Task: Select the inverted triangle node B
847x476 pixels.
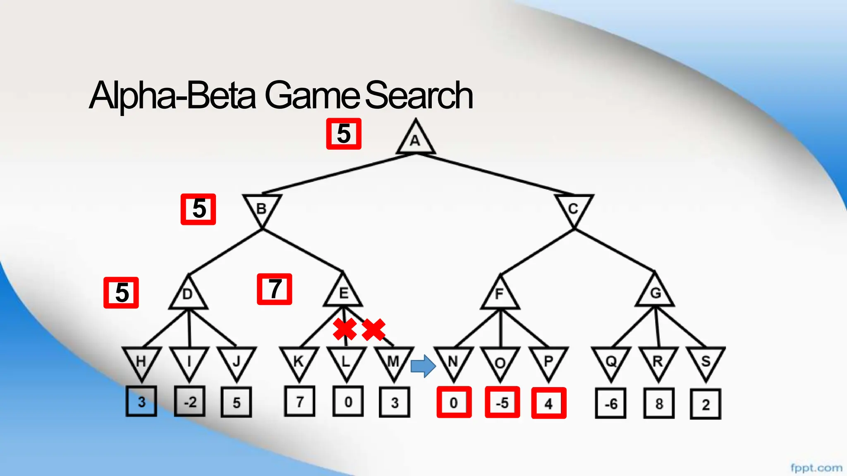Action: coord(262,208)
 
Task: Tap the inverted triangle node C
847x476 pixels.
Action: coord(574,208)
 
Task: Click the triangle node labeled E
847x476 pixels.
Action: coord(343,293)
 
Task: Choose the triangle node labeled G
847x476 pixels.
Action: coord(655,293)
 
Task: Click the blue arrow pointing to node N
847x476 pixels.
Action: coord(423,366)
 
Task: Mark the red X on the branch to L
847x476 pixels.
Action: coord(345,329)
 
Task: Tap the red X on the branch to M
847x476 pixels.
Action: coord(373,329)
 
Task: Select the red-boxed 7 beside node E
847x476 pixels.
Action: coord(275,289)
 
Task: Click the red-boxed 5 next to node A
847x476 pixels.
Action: coord(344,134)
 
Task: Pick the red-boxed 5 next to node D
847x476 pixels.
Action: coord(121,293)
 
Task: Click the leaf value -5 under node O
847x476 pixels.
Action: coord(502,403)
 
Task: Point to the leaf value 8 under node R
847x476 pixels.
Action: coord(659,403)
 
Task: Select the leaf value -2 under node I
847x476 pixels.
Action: coord(190,401)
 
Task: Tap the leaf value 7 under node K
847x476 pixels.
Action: coord(300,401)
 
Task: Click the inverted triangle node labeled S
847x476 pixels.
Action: coord(706,361)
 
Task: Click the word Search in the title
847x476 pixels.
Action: coord(419,95)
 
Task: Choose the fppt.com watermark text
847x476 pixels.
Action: coord(816,468)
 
